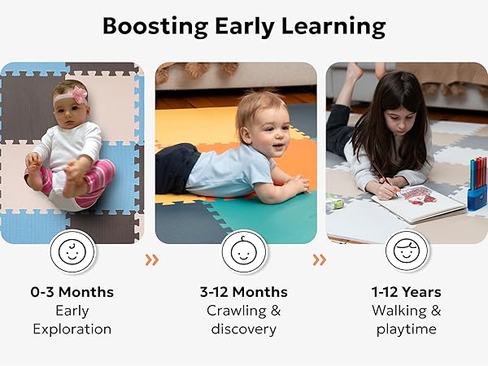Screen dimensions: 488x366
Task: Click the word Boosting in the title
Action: [x=155, y=27]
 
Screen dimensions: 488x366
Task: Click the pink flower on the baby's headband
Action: [x=79, y=94]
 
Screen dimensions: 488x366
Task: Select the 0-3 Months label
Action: [x=72, y=292]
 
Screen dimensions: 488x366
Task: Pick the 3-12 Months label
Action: [x=244, y=292]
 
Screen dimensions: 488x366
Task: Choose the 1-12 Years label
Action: [x=406, y=292]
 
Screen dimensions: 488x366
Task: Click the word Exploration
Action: [x=72, y=329]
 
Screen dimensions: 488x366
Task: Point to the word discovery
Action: [x=244, y=329]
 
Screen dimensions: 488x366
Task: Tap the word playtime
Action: [x=406, y=329]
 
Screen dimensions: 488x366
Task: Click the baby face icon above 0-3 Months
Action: [x=72, y=251]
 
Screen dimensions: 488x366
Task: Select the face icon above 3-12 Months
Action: [x=244, y=251]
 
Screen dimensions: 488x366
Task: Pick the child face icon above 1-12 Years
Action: [x=407, y=251]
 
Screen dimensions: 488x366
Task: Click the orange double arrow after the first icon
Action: [x=152, y=260]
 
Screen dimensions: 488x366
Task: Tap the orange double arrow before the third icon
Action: [x=320, y=260]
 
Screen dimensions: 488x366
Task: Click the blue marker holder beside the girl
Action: [x=477, y=199]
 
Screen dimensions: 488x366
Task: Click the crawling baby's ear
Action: [x=246, y=134]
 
